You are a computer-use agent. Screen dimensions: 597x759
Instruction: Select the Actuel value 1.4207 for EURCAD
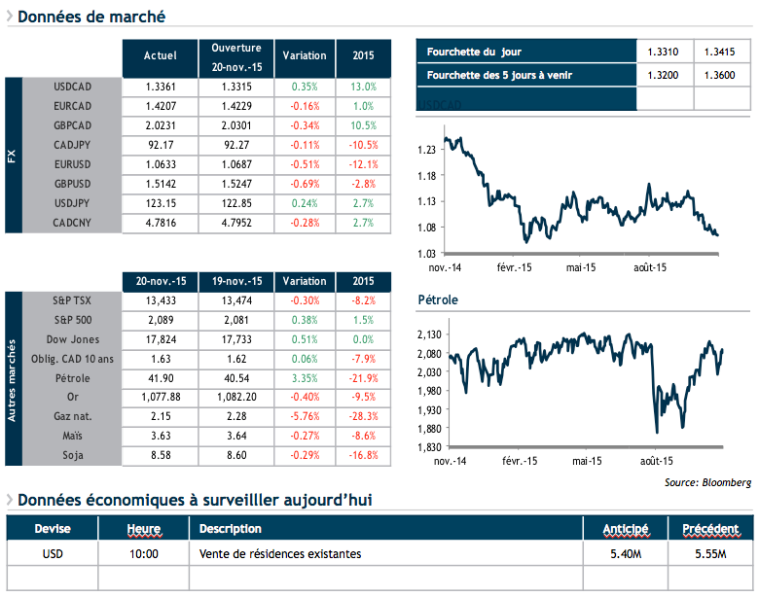point(160,105)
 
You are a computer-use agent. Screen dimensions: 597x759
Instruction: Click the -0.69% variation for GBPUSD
point(305,184)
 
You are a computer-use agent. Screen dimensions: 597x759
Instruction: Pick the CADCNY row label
point(73,223)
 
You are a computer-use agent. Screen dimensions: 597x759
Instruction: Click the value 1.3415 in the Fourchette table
point(721,52)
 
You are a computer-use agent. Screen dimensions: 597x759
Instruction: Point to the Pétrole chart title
point(437,299)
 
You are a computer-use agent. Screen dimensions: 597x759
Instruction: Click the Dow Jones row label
point(73,339)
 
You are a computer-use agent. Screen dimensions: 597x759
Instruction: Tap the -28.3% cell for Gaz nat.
point(363,416)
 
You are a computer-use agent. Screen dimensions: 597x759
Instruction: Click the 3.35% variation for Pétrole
point(305,377)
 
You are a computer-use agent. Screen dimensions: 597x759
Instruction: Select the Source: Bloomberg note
point(709,481)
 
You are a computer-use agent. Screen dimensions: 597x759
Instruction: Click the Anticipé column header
point(626,529)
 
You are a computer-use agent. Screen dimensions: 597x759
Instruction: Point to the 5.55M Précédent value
point(709,553)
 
